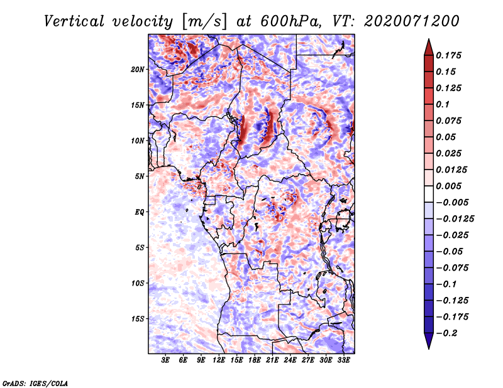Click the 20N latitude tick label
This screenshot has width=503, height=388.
pos(138,69)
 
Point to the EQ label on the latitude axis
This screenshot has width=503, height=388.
pos(140,212)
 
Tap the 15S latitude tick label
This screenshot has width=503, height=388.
pos(138,319)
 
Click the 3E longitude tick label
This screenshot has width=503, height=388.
pos(166,360)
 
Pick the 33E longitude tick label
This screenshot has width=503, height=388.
pos(343,360)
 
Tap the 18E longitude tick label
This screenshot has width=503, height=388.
pos(254,360)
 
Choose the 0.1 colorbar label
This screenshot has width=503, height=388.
pos(446,104)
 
